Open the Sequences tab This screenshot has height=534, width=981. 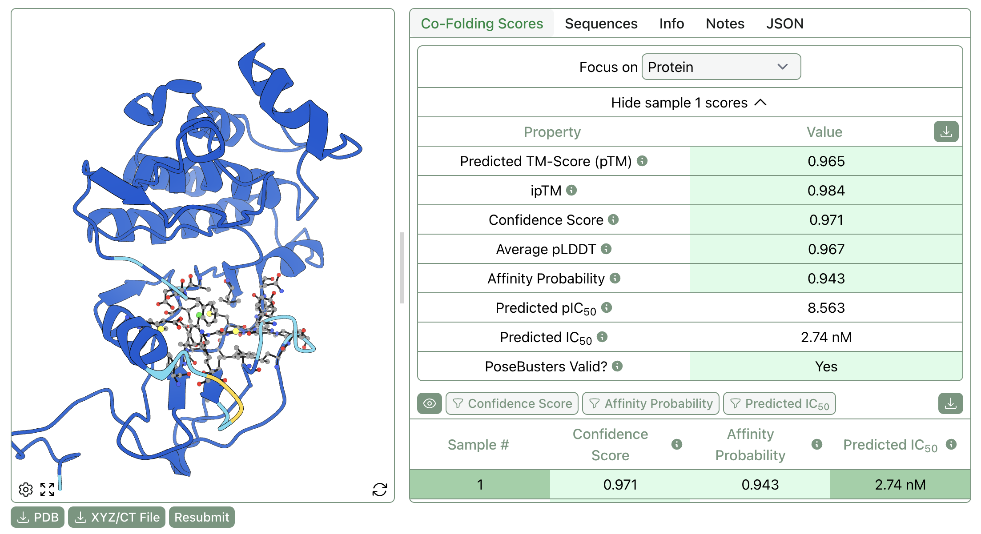[601, 24]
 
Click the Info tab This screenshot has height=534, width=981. [671, 24]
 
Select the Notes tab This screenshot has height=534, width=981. [725, 24]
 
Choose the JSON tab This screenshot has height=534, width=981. [784, 24]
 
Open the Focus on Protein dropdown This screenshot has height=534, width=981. [721, 67]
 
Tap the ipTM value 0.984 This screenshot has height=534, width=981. [826, 191]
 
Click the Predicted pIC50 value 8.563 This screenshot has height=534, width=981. [826, 308]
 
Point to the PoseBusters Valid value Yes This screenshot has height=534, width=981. [826, 367]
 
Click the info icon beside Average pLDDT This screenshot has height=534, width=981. [606, 249]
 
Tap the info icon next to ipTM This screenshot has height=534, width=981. [571, 190]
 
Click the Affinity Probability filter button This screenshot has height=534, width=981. [651, 403]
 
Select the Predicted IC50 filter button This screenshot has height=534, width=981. [779, 403]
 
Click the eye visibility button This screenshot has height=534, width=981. [430, 403]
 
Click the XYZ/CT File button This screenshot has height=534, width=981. [117, 517]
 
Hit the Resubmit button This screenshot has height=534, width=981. [202, 517]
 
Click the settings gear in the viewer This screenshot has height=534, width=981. [26, 489]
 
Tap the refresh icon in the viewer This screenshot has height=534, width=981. [380, 489]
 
